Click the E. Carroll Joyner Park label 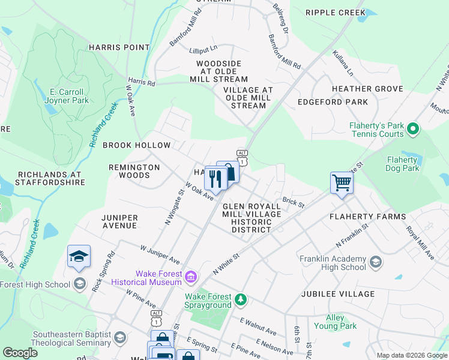[x=67, y=96]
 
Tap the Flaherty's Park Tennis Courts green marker [x=412, y=129]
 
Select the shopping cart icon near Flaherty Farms [x=342, y=182]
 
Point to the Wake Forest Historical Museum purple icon [x=191, y=277]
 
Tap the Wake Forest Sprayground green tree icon [x=241, y=298]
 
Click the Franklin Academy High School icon [x=375, y=262]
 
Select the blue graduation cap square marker [x=79, y=256]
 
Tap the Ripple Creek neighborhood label [x=335, y=13]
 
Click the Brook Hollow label [x=137, y=145]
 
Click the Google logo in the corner [x=20, y=353]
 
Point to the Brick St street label [x=294, y=203]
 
